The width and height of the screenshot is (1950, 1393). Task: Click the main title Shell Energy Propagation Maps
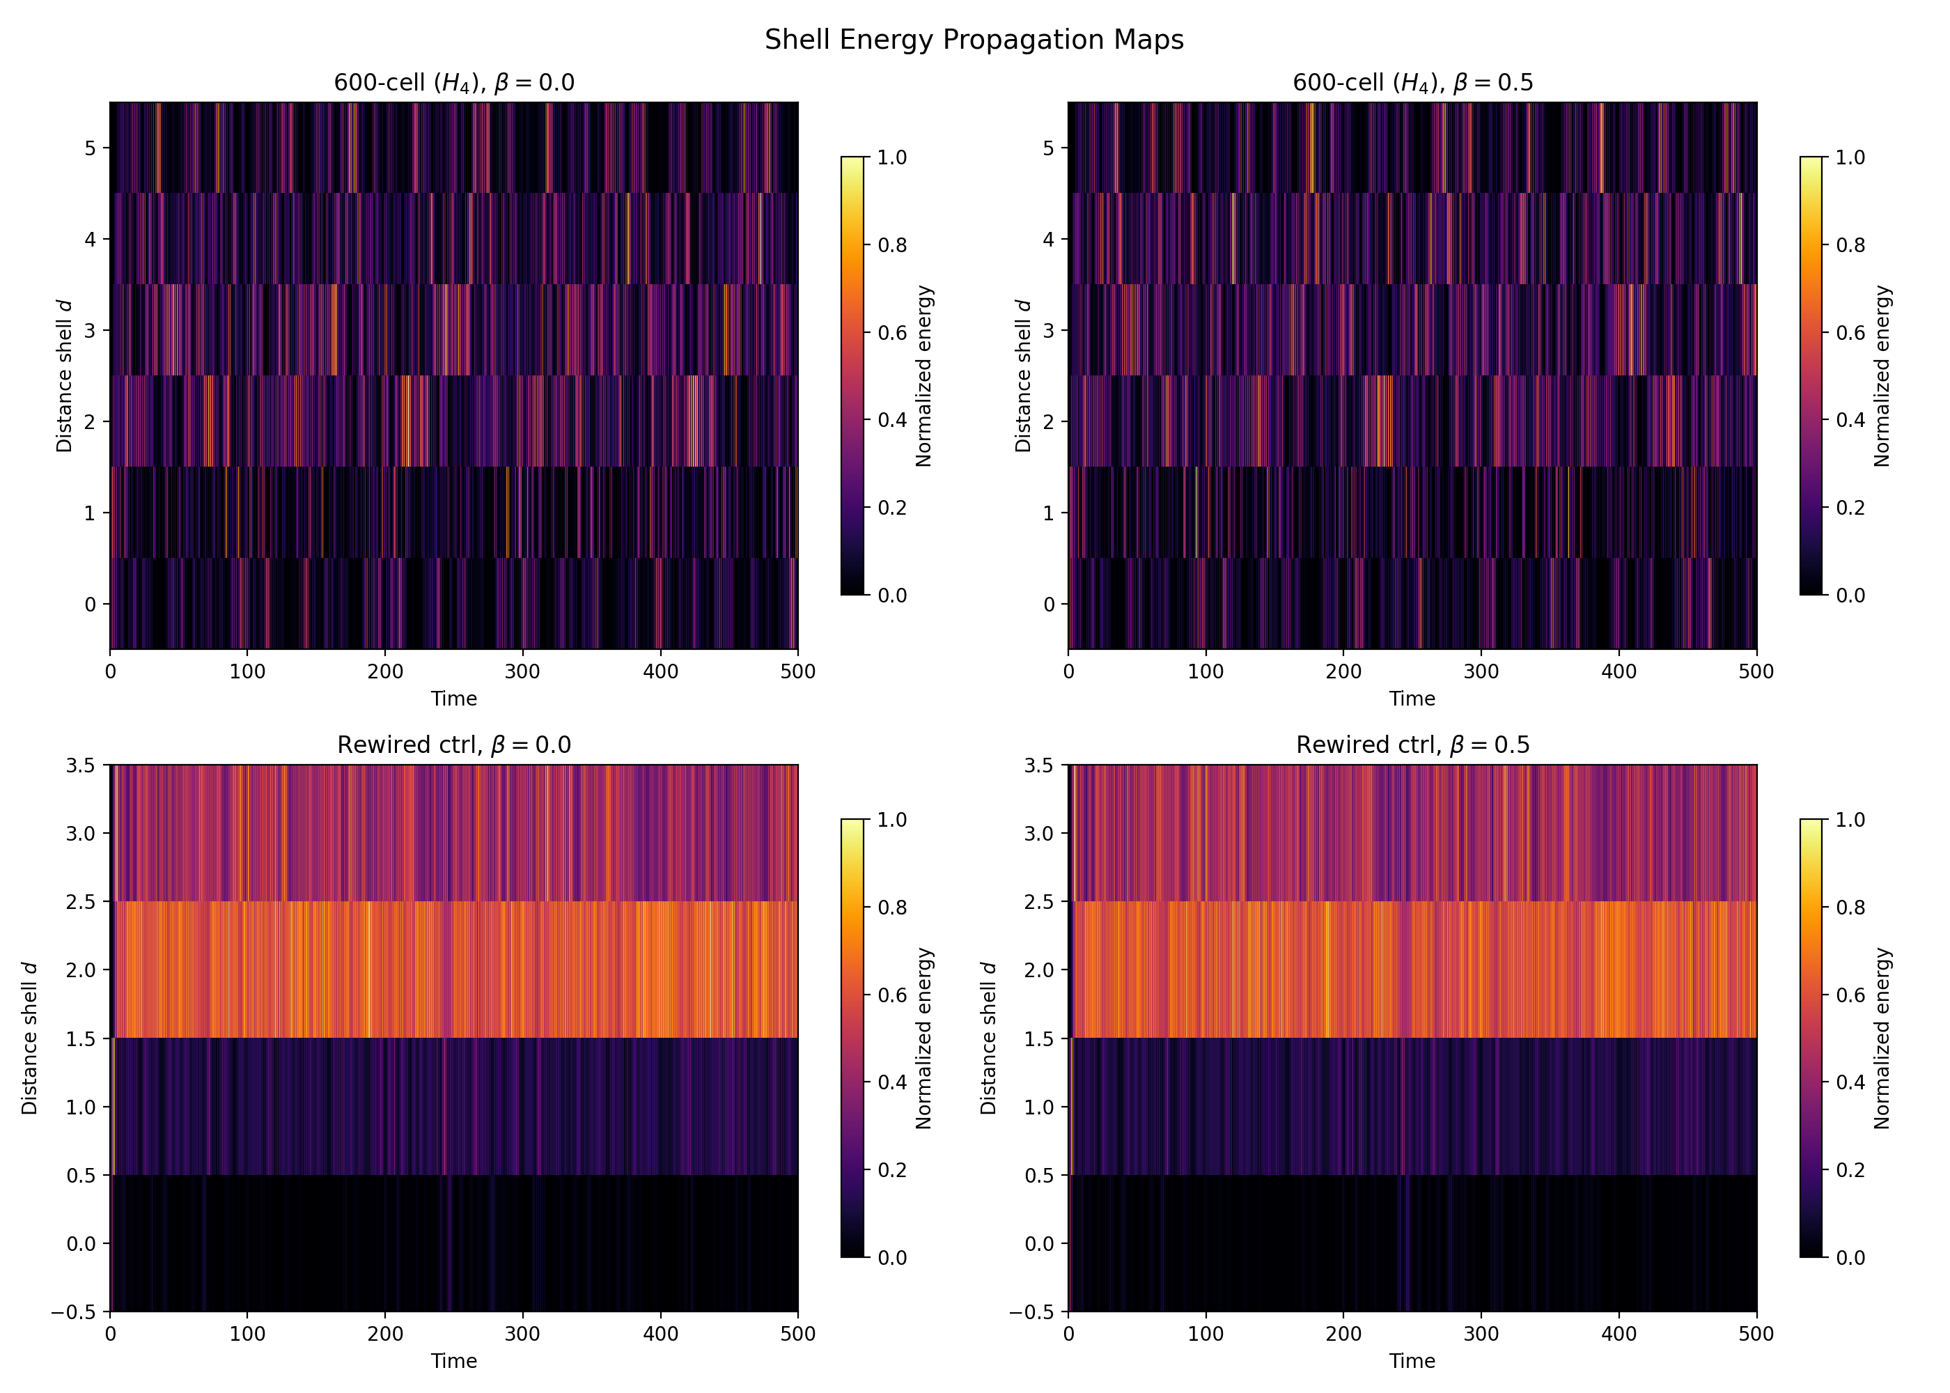click(974, 40)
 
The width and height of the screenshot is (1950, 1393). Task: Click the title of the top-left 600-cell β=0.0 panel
click(453, 82)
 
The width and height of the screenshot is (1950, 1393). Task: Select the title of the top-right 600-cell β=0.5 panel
click(1412, 82)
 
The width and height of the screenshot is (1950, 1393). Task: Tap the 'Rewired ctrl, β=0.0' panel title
click(453, 745)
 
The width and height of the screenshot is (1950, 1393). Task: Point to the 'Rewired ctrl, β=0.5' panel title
click(1412, 745)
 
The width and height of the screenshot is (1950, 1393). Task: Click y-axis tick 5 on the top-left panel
click(90, 148)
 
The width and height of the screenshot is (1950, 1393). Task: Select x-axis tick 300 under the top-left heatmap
click(522, 671)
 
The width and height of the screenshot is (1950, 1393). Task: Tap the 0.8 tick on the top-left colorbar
click(892, 245)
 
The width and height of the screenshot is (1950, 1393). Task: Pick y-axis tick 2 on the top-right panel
click(1049, 421)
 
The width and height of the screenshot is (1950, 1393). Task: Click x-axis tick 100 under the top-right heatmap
click(1206, 671)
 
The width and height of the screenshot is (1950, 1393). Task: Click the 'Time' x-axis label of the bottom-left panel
click(453, 1361)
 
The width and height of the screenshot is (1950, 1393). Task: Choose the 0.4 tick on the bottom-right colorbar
click(1850, 1082)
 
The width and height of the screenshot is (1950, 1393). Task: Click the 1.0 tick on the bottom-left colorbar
click(892, 820)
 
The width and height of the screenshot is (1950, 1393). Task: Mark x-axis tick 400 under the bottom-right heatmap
click(1619, 1334)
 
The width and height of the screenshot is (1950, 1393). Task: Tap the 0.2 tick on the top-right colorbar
click(1850, 508)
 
